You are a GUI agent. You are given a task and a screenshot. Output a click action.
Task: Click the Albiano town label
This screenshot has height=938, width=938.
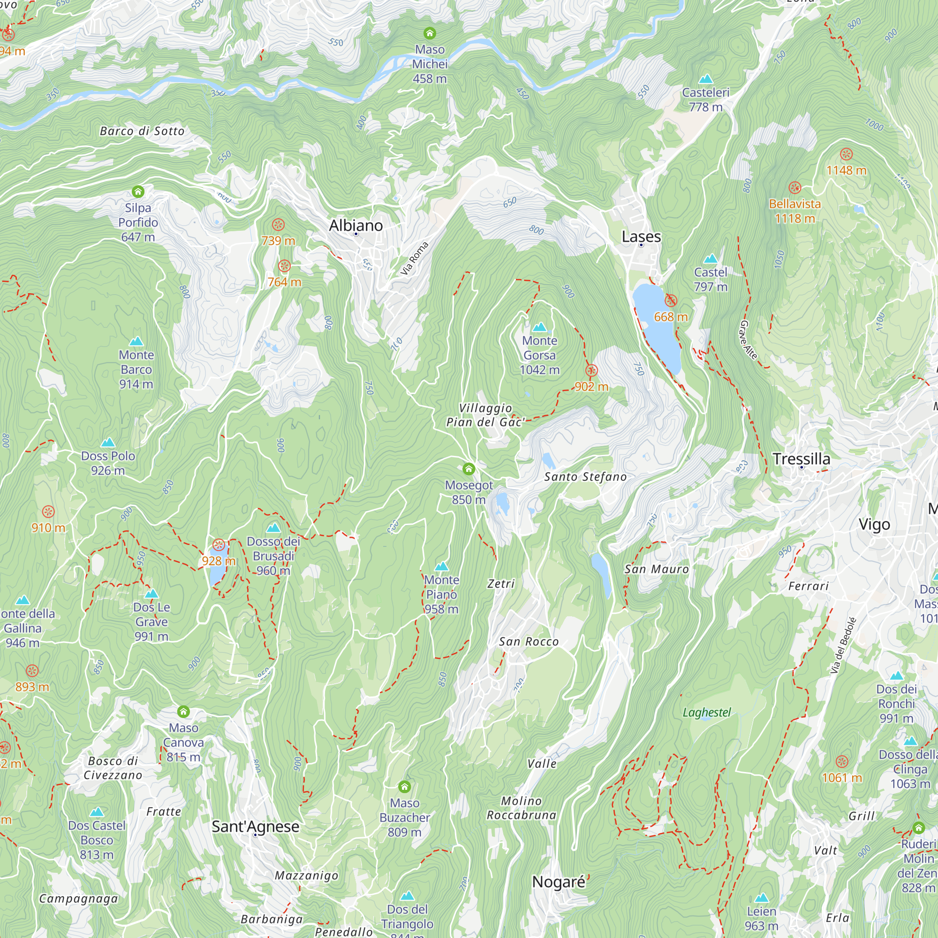356,226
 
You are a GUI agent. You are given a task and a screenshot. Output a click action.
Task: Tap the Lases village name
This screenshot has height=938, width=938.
641,237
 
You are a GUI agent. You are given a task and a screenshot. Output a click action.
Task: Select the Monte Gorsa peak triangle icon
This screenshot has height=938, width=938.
539,327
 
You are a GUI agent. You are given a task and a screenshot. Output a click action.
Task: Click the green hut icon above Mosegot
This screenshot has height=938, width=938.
469,469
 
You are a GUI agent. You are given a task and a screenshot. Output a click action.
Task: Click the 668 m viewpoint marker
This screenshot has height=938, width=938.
671,301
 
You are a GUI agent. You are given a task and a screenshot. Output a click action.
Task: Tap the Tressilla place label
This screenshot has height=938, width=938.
801,459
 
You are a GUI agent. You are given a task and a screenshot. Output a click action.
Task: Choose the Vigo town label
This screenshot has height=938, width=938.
874,524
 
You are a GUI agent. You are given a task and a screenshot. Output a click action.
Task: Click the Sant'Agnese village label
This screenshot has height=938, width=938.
256,826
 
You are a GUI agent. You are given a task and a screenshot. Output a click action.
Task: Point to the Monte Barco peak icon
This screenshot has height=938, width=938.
136,342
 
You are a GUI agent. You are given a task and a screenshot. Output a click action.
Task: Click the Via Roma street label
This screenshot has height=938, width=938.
414,258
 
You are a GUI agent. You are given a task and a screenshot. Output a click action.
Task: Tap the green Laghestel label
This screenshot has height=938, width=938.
706,712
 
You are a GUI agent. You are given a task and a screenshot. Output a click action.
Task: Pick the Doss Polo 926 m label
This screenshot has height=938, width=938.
108,463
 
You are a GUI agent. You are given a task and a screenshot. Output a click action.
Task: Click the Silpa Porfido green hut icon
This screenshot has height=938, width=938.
138,192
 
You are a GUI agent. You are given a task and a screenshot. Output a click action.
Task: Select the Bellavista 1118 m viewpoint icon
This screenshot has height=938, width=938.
794,188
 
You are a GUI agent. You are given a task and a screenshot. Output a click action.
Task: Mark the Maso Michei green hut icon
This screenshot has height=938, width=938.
430,33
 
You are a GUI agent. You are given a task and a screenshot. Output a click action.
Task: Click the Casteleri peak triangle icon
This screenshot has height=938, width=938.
705,79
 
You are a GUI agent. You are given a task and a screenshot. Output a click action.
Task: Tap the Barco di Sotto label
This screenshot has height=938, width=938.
142,131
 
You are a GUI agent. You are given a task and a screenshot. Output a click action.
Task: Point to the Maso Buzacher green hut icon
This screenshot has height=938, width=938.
404,787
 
